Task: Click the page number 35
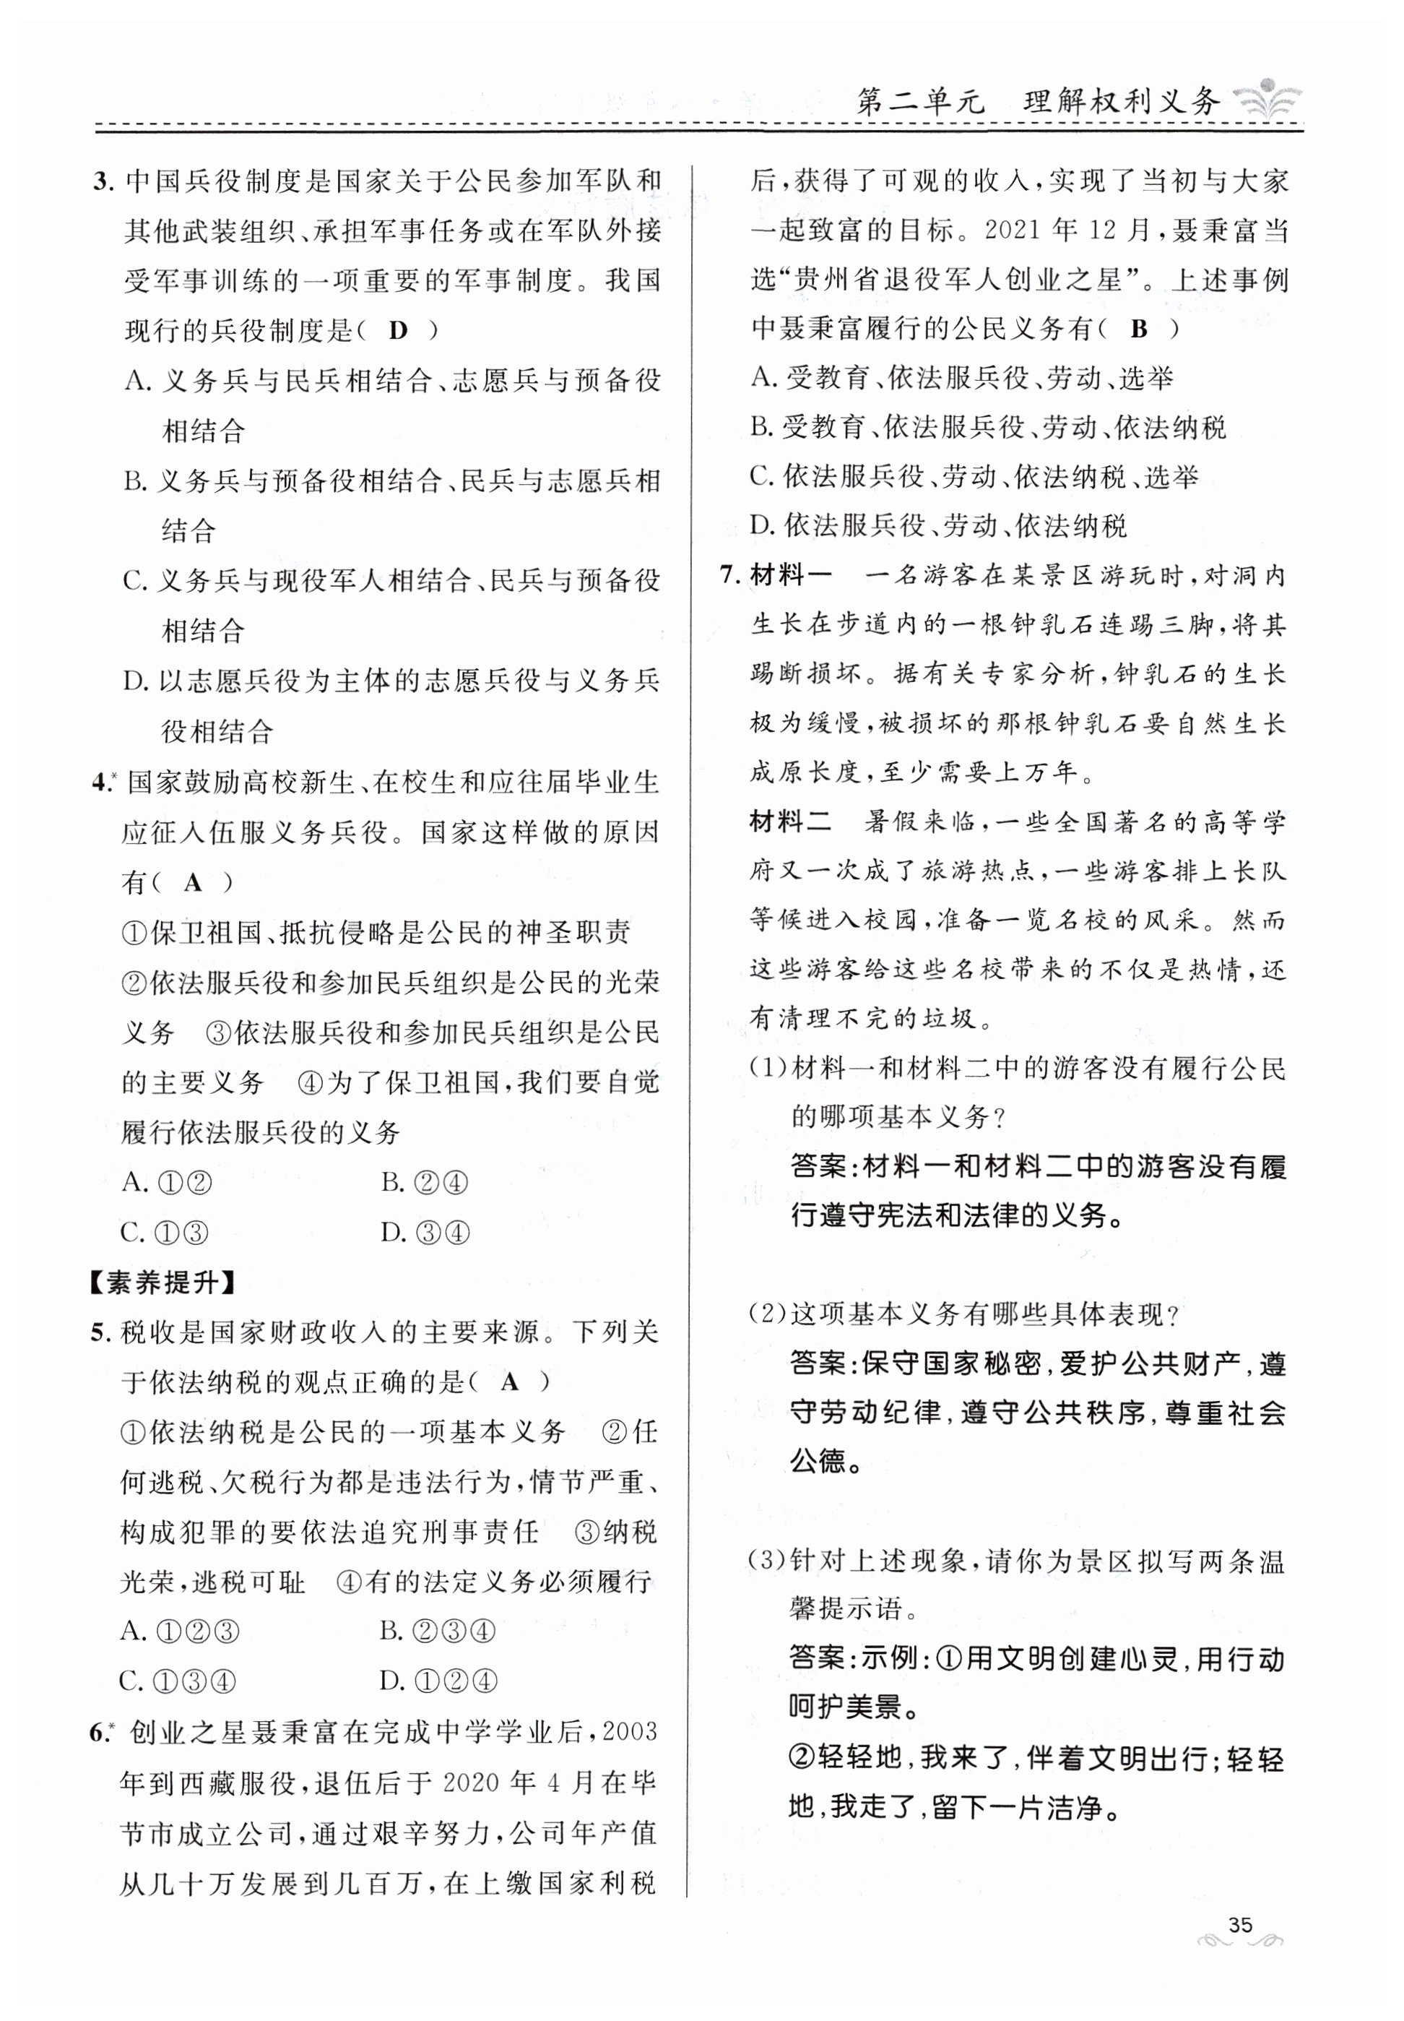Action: (1239, 1924)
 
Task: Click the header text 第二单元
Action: (920, 102)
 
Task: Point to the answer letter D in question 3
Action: (398, 331)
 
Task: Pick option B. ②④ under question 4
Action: (425, 1183)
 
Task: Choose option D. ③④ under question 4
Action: (425, 1233)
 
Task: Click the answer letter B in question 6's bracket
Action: (1139, 329)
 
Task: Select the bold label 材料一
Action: (789, 577)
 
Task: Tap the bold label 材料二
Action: (789, 823)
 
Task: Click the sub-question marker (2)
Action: (766, 1314)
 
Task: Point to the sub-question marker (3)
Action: (766, 1561)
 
